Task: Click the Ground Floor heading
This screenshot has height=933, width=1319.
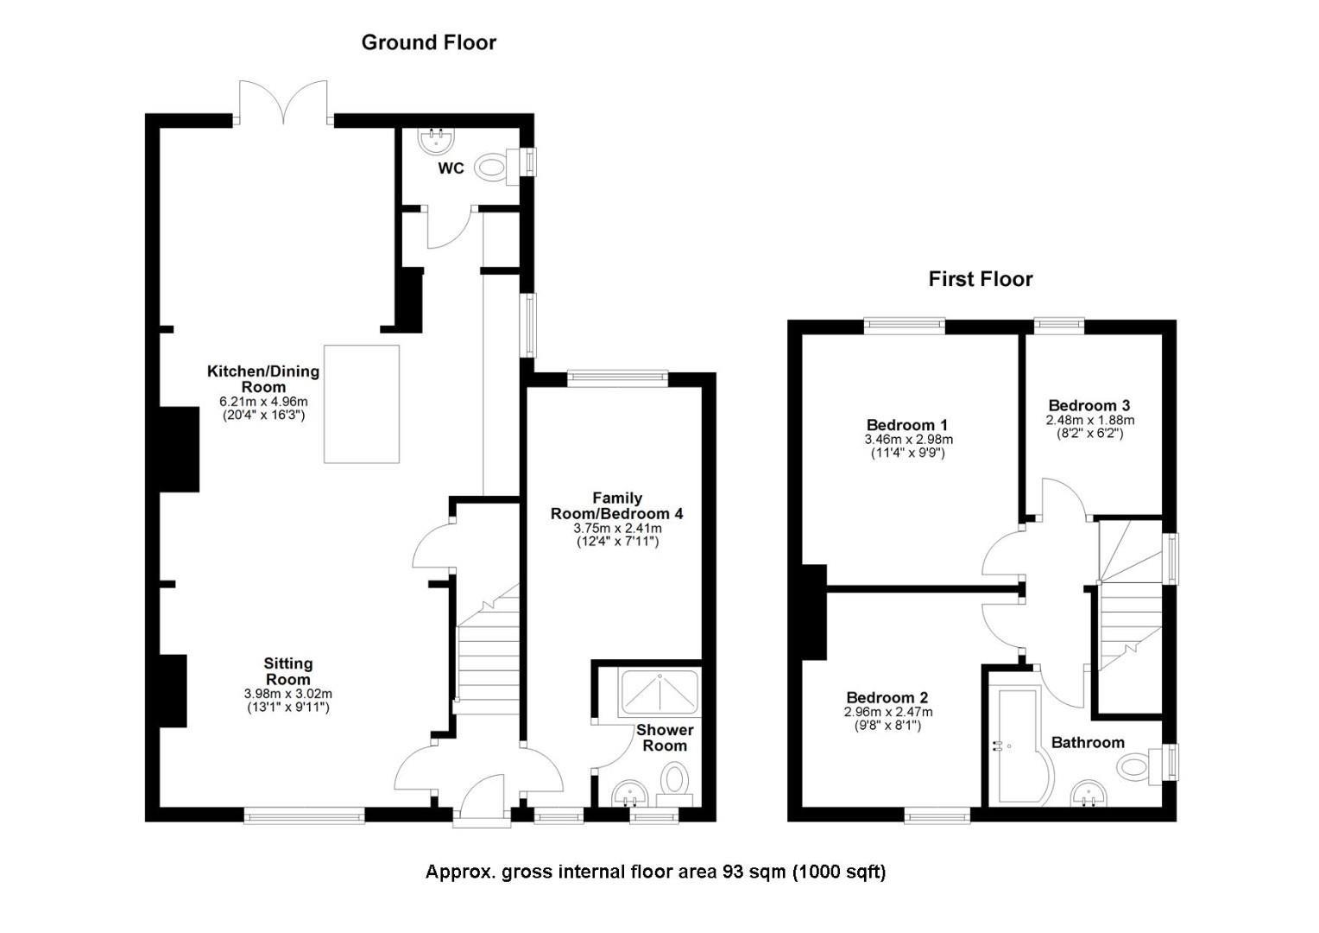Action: click(x=428, y=42)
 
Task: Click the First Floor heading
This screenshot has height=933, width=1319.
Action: click(x=980, y=279)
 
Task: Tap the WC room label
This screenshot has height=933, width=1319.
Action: click(x=451, y=168)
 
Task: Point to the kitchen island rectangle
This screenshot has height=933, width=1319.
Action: click(x=362, y=404)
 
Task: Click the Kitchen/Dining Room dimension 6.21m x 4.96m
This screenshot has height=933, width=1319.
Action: click(x=263, y=402)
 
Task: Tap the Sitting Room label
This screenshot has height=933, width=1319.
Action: click(x=288, y=671)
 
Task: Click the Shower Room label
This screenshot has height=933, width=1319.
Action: click(x=665, y=738)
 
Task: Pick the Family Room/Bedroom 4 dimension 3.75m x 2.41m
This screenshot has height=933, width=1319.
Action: click(x=617, y=528)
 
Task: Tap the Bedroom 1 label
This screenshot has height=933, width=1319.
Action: click(x=906, y=425)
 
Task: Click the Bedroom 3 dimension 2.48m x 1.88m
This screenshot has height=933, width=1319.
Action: click(x=1089, y=421)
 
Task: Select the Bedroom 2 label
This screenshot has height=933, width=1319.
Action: click(x=887, y=698)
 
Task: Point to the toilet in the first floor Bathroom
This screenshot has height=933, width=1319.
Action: click(x=1137, y=765)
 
